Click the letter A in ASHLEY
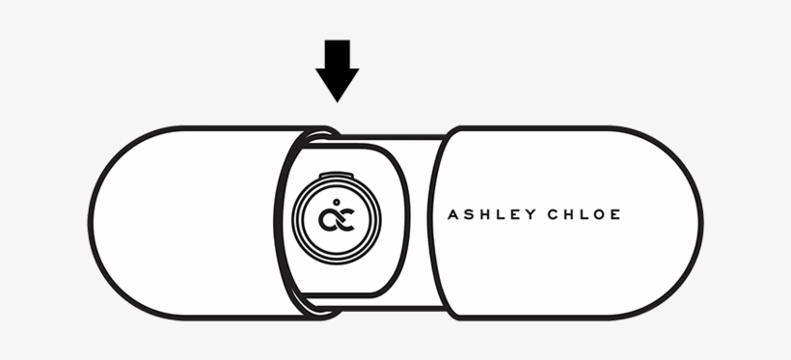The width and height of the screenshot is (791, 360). (x=453, y=214)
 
